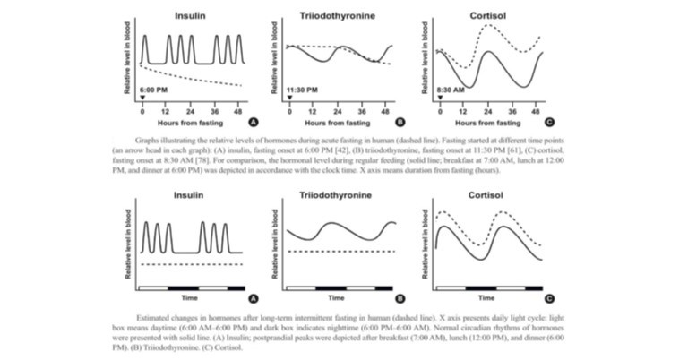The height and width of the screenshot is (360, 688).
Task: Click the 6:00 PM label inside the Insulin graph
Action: point(154,90)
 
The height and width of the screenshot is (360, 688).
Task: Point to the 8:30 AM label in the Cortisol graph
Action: point(451,90)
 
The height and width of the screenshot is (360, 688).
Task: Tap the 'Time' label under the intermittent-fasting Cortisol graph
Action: point(489,296)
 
